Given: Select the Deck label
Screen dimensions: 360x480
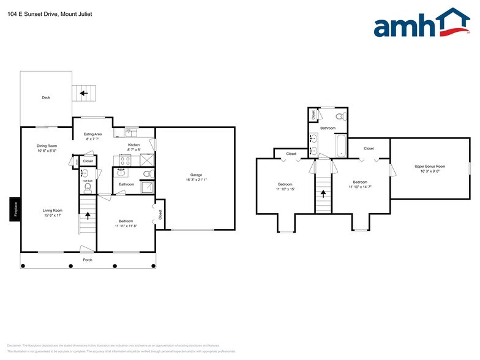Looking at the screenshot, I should (x=46, y=97).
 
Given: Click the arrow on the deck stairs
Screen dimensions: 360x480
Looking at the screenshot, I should (x=83, y=94).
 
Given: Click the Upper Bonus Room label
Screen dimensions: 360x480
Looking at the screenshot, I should (x=430, y=166).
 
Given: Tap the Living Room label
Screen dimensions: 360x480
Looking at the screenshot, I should (x=53, y=210).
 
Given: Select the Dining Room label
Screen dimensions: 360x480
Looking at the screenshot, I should (x=47, y=145).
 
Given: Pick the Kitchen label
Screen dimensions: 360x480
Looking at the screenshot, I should (x=133, y=144).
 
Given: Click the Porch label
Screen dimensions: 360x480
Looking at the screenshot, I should (x=88, y=260).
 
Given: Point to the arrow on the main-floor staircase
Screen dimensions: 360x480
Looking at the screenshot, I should (x=88, y=215).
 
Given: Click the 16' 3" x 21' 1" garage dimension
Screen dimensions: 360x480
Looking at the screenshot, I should (x=197, y=180).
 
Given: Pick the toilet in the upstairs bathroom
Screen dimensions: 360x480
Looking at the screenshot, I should (x=343, y=116).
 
